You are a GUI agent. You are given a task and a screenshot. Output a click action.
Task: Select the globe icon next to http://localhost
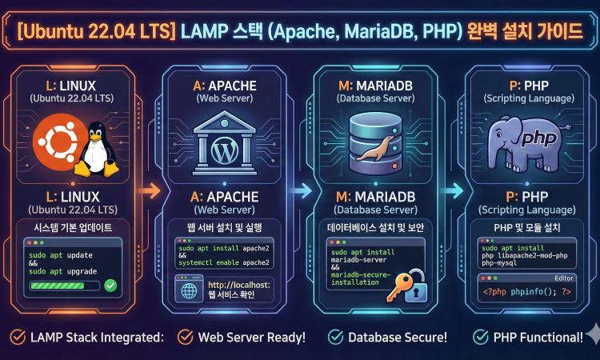pos(190,290)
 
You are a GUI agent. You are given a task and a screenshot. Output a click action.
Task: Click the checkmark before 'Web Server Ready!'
pos(186,337)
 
